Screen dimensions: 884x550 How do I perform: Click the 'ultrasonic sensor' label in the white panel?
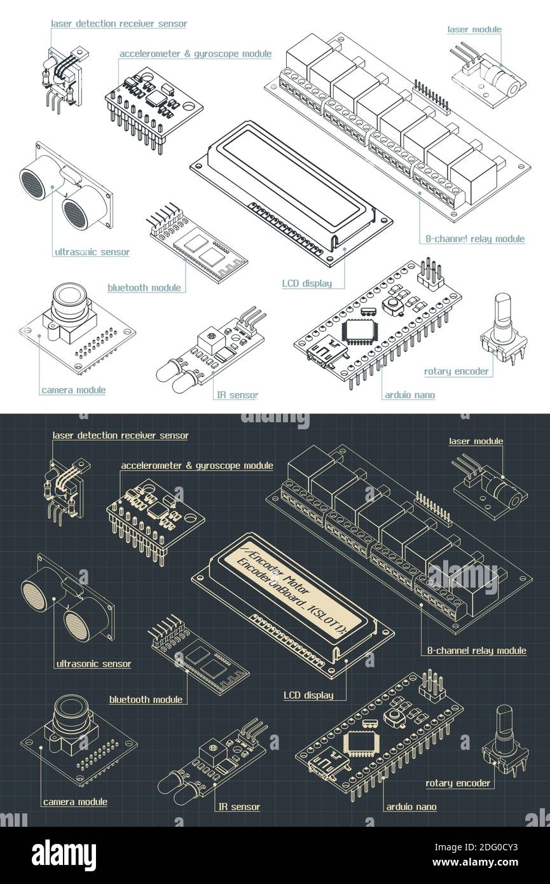pos(92,252)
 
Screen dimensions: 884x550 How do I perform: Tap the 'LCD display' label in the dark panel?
pos(308,695)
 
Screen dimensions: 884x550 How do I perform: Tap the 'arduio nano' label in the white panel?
pos(409,395)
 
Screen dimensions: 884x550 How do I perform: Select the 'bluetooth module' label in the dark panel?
pos(146,700)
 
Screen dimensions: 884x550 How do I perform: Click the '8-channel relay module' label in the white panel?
pos(475,239)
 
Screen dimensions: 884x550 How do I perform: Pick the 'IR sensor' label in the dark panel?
pos(239,807)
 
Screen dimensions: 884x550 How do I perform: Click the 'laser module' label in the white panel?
pos(474,29)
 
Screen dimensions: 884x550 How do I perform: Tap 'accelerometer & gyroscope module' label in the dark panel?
pos(197,466)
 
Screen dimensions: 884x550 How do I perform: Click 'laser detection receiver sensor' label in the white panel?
pos(119,24)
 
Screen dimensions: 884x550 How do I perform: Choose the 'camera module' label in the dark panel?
pos(75,802)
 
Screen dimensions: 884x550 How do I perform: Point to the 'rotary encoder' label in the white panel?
pos(457,371)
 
